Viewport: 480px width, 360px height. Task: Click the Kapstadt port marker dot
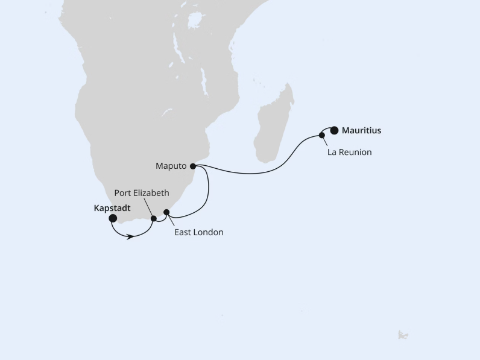pyautogui.click(x=113, y=218)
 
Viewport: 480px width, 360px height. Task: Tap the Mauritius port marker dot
pyautogui.click(x=334, y=130)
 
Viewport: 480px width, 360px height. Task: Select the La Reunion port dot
pyautogui.click(x=322, y=135)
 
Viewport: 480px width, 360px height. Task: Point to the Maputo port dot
pyautogui.click(x=193, y=166)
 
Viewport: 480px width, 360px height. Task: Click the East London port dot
pyautogui.click(x=167, y=212)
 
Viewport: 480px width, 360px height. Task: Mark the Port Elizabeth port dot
pyautogui.click(x=154, y=219)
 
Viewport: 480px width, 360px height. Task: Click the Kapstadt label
pyautogui.click(x=112, y=208)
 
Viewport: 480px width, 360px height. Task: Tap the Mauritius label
pyautogui.click(x=361, y=130)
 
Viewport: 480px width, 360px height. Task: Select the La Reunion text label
pyautogui.click(x=349, y=153)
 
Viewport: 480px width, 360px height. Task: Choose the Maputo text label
pyautogui.click(x=171, y=166)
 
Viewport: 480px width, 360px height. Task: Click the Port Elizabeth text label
pyautogui.click(x=142, y=193)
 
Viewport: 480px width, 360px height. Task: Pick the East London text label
pyautogui.click(x=198, y=232)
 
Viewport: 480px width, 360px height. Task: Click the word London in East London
pyautogui.click(x=209, y=232)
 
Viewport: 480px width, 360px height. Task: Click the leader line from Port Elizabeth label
pyautogui.click(x=149, y=207)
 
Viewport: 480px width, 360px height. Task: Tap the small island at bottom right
pyautogui.click(x=403, y=335)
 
